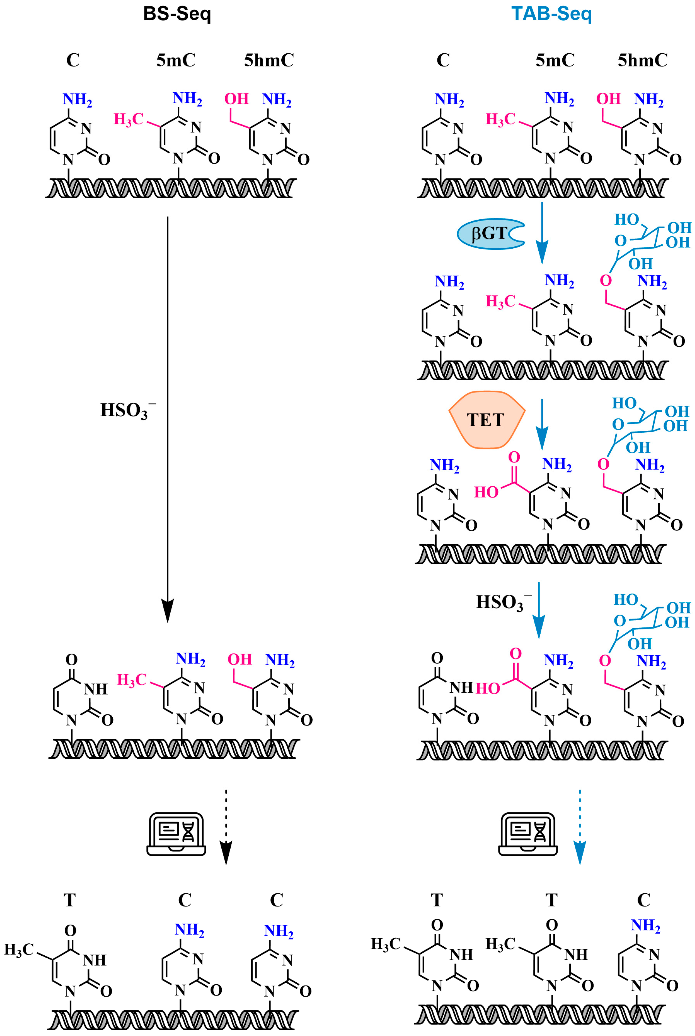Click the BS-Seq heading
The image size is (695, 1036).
point(177,14)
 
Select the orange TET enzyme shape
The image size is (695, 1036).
point(486,420)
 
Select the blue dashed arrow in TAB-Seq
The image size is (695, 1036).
point(579,826)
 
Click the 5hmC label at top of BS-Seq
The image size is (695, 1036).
point(269,60)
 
